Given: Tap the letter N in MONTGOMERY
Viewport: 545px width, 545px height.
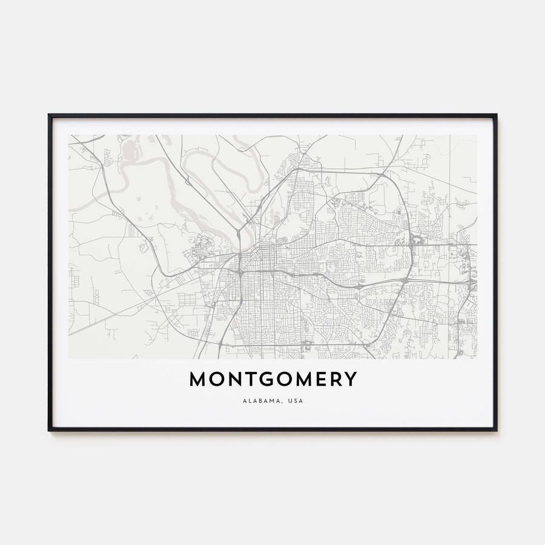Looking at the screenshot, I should point(236,380).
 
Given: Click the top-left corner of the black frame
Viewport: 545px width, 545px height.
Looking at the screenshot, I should point(49,115).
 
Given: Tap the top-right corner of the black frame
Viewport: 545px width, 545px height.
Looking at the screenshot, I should point(496,115).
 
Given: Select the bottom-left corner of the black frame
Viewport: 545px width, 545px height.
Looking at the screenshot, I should point(49,430).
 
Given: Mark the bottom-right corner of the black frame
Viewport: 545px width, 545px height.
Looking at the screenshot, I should point(496,430).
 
